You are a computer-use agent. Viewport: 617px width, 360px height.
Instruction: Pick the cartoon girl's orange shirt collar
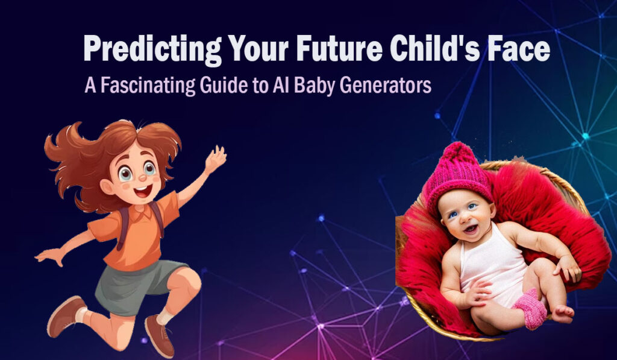(136, 208)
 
